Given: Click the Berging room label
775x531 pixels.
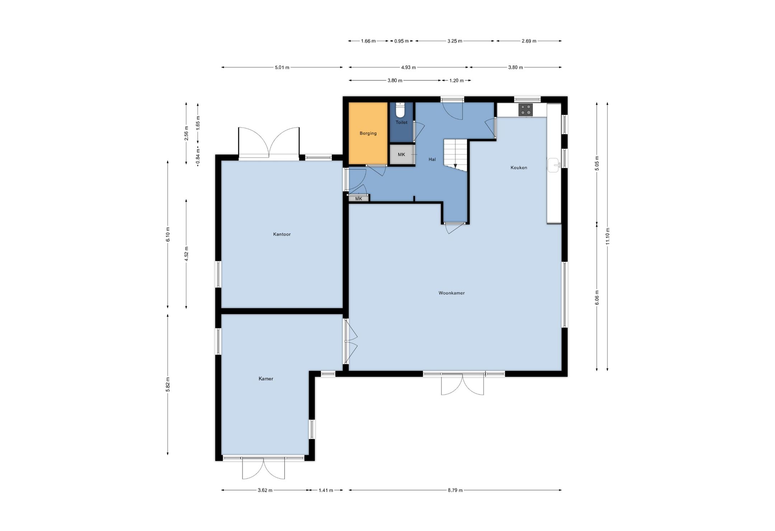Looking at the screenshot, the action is (x=368, y=133).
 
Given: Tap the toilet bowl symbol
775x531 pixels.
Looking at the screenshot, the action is (x=400, y=110).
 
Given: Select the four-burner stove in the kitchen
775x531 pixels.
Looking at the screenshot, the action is (x=525, y=110).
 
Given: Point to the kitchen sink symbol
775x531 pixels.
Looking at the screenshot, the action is (x=554, y=165).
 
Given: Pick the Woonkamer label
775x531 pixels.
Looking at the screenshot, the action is (x=451, y=293).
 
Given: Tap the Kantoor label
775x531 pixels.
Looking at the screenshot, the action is (x=282, y=234).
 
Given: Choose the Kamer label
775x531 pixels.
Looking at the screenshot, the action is (x=266, y=379).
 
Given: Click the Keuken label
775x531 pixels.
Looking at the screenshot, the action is (x=519, y=167).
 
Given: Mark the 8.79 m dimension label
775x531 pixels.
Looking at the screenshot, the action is (x=455, y=490).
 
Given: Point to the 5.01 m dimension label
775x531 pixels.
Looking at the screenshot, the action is (x=282, y=67).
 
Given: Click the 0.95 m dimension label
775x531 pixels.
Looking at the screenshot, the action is (x=401, y=41).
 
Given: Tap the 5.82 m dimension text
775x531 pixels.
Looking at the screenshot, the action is (x=168, y=385).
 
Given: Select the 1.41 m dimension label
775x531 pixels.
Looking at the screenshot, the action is (x=326, y=490).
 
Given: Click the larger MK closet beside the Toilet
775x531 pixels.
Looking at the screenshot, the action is (x=401, y=155).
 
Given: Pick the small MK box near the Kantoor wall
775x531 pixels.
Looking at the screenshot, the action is (x=359, y=198).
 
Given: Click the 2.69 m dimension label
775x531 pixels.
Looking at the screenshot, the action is (x=529, y=41).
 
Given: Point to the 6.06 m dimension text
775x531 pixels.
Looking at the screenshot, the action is (x=597, y=298).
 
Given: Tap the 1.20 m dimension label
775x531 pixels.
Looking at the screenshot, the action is (x=456, y=81).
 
